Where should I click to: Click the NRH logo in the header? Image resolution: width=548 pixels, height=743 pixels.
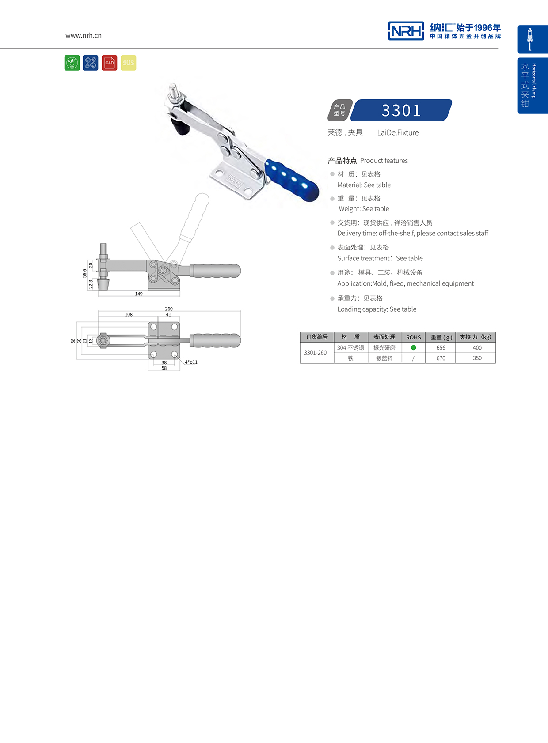pos(406,31)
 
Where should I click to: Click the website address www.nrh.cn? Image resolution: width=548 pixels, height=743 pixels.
pos(84,35)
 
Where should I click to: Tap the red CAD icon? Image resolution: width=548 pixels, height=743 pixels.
pos(109,63)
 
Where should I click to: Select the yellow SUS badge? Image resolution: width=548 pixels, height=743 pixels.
pos(129,63)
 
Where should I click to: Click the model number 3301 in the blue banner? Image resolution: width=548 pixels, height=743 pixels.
pos(401,110)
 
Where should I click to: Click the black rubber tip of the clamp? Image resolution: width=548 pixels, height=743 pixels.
pos(180,127)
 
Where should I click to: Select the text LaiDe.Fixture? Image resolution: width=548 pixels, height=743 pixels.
pos(398,132)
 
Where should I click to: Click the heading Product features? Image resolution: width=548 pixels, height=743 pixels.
pos(384,161)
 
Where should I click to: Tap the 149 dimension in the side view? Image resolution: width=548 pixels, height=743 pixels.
pos(139,294)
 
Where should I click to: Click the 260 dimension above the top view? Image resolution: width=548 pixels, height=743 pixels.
pos(169,309)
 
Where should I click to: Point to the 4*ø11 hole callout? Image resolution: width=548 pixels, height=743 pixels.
pos(191,362)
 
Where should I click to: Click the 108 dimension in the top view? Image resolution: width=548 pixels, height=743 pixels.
pos(129,314)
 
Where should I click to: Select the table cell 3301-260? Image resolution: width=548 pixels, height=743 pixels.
pos(316,353)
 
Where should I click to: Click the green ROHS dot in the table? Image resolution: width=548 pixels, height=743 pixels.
pos(414,347)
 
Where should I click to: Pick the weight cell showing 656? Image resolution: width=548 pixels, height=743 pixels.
pos(441,348)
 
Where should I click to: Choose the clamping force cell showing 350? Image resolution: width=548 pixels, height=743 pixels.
pos(477,358)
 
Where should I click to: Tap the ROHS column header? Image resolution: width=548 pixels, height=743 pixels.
pos(414,337)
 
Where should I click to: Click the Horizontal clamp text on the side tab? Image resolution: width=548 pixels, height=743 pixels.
pos(534,81)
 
